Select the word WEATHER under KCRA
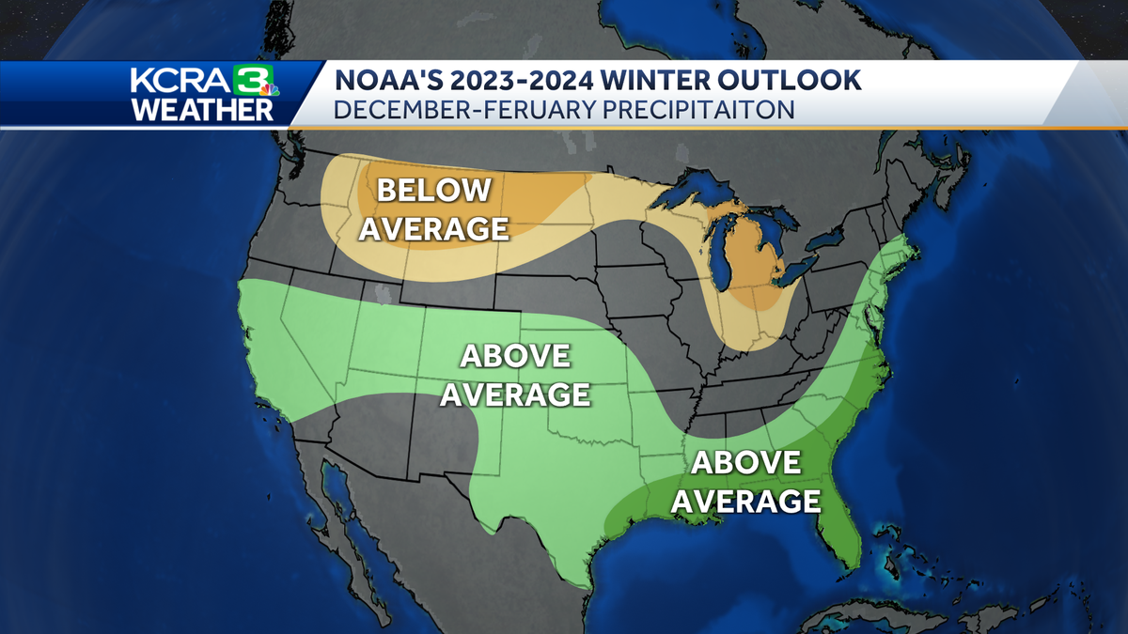coord(202,109)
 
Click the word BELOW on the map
coord(433,190)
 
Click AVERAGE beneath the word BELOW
coord(433,228)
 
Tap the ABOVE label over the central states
coord(514,356)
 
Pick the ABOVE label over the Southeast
coord(746,462)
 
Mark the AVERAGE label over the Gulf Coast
coord(746,501)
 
